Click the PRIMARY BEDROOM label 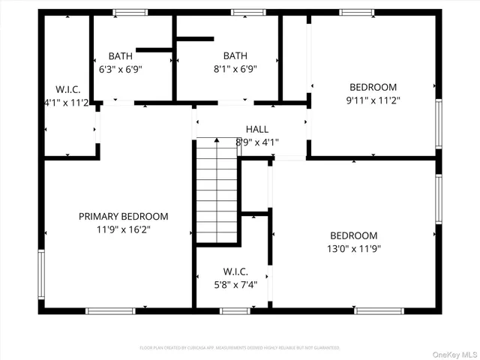[124, 217]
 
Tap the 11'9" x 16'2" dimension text [124, 229]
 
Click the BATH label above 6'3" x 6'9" [120, 55]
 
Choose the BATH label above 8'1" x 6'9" [235, 55]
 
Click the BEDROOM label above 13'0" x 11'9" [354, 235]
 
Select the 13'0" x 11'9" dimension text [354, 248]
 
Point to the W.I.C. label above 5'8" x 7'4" [235, 271]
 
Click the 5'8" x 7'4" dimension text [235, 283]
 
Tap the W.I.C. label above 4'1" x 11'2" [64, 88]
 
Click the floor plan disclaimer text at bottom [240, 348]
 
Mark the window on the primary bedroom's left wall [41, 274]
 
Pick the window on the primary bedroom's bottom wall [110, 310]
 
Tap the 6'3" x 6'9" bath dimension [120, 68]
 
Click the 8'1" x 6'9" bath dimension [235, 68]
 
